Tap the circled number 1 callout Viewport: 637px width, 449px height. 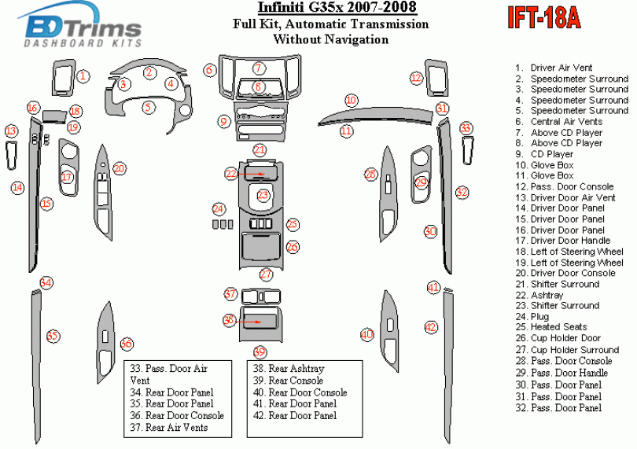click(x=83, y=76)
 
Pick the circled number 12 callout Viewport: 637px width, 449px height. click(x=415, y=77)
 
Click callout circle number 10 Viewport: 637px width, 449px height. click(x=351, y=101)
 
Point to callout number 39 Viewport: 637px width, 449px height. click(x=259, y=351)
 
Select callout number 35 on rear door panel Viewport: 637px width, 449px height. click(x=52, y=337)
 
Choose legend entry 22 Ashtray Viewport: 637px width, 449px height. click(x=548, y=295)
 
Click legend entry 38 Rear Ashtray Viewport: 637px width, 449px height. click(x=288, y=368)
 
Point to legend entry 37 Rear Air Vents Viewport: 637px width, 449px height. click(x=180, y=427)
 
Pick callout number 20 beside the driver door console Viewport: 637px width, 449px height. click(x=120, y=168)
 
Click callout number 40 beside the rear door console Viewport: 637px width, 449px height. click(x=366, y=335)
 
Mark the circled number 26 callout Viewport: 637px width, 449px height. click(x=293, y=247)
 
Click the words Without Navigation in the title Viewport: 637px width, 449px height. click(x=330, y=39)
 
